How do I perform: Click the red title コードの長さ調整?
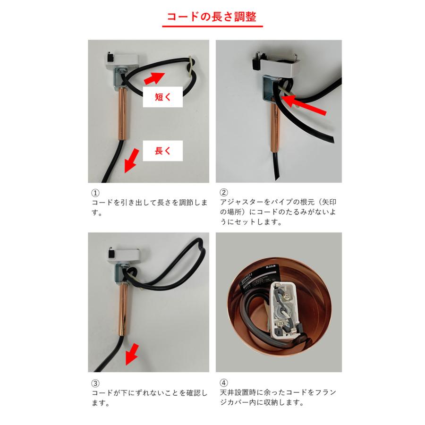click(212, 17)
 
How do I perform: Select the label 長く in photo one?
click(162, 151)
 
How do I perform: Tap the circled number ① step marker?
click(95, 193)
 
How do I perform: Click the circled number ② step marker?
click(224, 193)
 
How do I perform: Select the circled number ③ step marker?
click(95, 383)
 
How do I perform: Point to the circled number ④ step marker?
click(224, 383)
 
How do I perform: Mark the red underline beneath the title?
click(212, 26)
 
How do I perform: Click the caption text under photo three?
click(149, 398)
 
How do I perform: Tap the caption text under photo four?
click(279, 398)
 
